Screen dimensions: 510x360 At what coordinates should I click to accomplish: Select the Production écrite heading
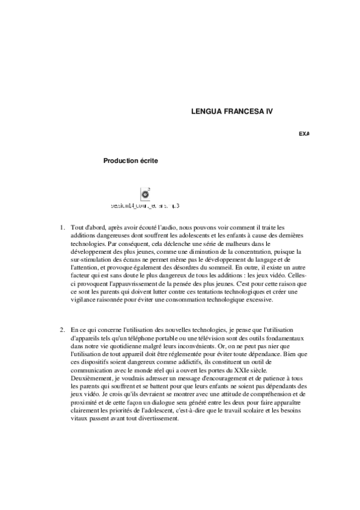pos(131,161)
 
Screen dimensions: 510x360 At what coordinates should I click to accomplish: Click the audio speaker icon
pos(145,194)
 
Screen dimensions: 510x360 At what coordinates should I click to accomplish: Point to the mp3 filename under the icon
pos(145,206)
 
